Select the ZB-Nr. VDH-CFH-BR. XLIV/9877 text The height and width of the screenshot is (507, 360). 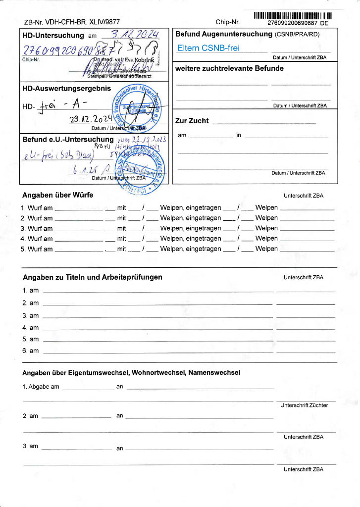coord(72,22)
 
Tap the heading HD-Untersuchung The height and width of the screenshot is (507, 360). coord(53,36)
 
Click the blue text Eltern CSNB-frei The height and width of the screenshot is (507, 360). coord(208,49)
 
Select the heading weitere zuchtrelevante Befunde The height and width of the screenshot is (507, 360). coord(229,68)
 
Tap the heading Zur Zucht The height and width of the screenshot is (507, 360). coord(192,121)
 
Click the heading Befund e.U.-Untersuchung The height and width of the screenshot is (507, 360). coord(68,140)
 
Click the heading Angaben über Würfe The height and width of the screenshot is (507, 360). coord(57,195)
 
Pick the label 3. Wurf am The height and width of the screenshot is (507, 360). coord(37,229)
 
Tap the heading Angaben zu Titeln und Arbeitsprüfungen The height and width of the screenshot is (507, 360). coord(92,277)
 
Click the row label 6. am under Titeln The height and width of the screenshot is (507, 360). coord(30,351)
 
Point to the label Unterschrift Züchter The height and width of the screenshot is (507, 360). coord(304,406)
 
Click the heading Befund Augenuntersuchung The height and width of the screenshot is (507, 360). coord(223,34)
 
